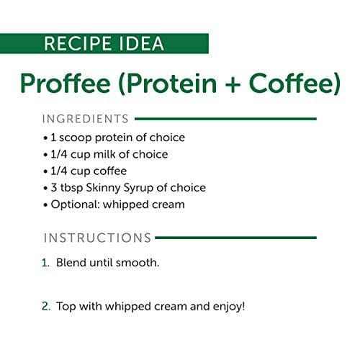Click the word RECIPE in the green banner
[x=78, y=43]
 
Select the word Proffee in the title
[x=66, y=83]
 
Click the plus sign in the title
[x=231, y=84]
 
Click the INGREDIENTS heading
[x=86, y=119]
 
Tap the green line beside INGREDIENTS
[x=226, y=119]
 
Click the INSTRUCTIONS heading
[x=97, y=238]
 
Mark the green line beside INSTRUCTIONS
[x=236, y=238]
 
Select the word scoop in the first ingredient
[x=76, y=138]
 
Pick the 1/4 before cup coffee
[x=59, y=171]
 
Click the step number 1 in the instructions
[x=45, y=263]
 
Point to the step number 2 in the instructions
[x=46, y=307]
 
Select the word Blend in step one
[x=71, y=263]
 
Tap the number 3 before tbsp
[x=54, y=188]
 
